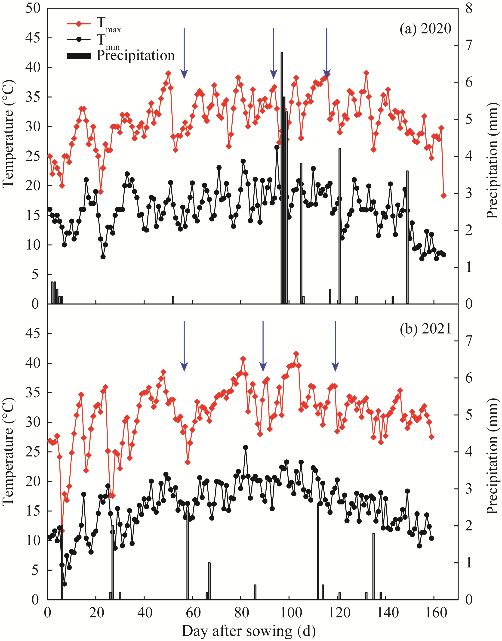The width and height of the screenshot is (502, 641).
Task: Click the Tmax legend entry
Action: coord(94,24)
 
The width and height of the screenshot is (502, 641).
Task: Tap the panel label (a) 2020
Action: coord(425,29)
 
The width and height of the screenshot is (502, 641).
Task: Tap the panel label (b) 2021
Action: coord(425,328)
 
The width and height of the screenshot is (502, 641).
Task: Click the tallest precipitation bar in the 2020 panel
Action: coord(282,177)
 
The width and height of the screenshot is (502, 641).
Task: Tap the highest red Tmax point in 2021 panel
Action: coord(296,354)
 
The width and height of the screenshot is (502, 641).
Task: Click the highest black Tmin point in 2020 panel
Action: coord(277,147)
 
